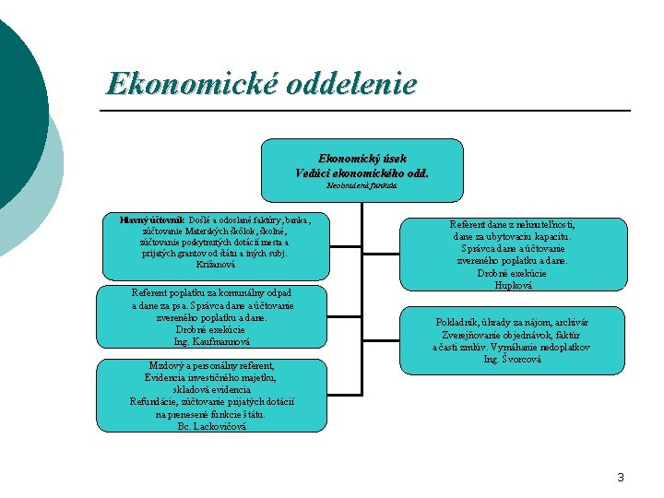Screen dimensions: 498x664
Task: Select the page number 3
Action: point(621,477)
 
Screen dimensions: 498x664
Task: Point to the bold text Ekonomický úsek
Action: point(362,159)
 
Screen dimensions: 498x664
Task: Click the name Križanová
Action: point(214,264)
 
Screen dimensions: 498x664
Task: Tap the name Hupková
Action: point(513,285)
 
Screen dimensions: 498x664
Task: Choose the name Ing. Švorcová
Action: point(513,359)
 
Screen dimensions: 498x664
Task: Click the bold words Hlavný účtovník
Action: point(153,220)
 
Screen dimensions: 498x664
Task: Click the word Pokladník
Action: point(458,323)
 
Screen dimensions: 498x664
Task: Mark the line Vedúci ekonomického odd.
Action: point(362,172)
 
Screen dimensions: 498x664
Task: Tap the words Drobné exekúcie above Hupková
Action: point(512,274)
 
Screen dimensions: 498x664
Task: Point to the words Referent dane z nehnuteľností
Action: point(513,225)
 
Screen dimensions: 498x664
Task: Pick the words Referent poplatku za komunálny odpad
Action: point(212,292)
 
